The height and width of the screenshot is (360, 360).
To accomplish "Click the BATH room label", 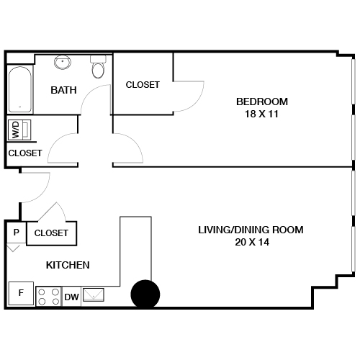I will (x=63, y=91).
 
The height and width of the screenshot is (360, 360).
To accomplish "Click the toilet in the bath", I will (x=98, y=68).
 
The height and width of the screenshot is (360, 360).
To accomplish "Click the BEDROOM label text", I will (x=262, y=101).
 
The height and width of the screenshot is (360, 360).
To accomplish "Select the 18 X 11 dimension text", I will (x=262, y=113).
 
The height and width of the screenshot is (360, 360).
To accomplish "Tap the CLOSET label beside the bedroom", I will (x=143, y=85).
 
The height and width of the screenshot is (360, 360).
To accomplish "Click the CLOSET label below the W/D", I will (x=24, y=153).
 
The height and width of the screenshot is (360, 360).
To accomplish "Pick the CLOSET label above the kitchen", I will (x=51, y=233).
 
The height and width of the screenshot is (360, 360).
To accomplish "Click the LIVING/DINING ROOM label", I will (x=251, y=230).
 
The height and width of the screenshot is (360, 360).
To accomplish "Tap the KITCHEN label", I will (x=68, y=265).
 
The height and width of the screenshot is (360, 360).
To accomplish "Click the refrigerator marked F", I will (x=20, y=294).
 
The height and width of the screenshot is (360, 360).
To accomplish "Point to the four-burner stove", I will (x=48, y=296).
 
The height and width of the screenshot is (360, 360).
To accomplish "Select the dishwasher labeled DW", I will (x=71, y=297).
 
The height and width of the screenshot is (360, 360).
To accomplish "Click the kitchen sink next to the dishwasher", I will (x=94, y=295).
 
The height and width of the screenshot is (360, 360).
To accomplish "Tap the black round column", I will (x=145, y=293).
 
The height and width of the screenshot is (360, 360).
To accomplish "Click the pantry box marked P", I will (x=16, y=233).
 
